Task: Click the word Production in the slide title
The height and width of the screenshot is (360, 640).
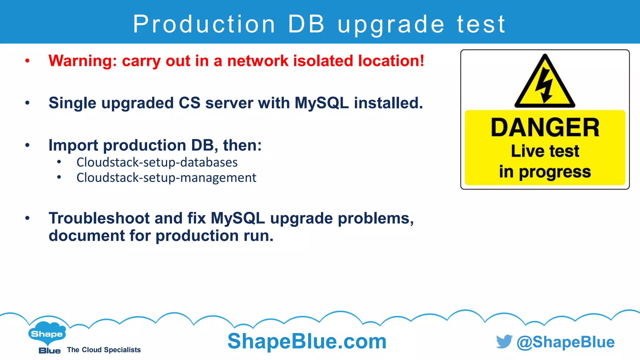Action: point(204,24)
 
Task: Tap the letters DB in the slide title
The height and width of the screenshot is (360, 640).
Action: point(306,24)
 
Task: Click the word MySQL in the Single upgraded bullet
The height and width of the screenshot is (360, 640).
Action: point(322,103)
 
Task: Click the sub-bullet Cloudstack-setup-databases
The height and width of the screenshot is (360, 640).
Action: point(157,162)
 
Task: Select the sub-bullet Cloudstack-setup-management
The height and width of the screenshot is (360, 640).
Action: point(166,177)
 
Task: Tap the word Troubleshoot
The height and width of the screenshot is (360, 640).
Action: point(99,218)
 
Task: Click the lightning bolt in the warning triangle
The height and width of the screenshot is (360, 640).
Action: point(544,85)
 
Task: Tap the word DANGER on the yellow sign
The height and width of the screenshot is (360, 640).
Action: point(545,127)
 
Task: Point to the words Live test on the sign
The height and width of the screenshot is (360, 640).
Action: point(545,151)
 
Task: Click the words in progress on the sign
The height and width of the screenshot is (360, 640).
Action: point(545,172)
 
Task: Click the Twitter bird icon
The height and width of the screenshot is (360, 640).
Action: point(504,342)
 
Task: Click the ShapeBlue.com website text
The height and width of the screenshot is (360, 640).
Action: point(307,341)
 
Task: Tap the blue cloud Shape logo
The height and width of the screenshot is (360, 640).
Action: point(47,334)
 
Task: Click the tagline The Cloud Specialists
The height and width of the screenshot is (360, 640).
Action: point(104,350)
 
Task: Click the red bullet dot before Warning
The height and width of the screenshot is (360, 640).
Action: point(27,61)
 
